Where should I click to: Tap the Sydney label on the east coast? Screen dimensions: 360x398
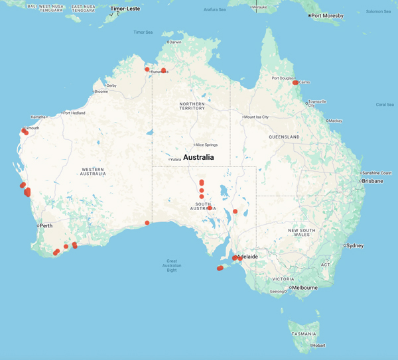tap(354, 245)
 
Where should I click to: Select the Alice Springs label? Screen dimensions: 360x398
tap(206, 145)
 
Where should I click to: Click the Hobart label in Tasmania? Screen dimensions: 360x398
tap(319, 345)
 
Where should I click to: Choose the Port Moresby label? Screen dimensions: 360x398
tap(328, 15)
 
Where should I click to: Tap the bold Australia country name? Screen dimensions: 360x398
tap(198, 158)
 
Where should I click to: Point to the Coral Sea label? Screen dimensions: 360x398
tap(385, 104)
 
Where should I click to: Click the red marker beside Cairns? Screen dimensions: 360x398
tap(296, 83)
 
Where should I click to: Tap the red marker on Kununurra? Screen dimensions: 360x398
tap(163, 70)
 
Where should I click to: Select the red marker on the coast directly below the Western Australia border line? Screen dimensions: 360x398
tap(147, 223)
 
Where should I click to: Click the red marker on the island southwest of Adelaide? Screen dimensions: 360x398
tap(220, 269)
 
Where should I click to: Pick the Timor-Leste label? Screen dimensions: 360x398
tap(125, 9)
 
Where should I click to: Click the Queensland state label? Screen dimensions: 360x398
tap(285, 137)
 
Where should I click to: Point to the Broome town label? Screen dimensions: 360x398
tap(101, 91)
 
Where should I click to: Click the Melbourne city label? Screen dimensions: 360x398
tap(305, 288)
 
